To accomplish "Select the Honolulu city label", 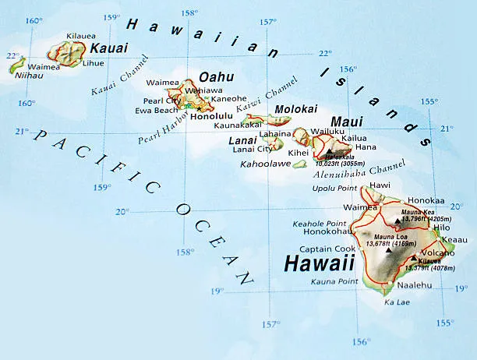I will (212, 116).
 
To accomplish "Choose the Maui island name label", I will (347, 122).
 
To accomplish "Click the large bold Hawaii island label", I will (319, 263).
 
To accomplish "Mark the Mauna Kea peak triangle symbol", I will (397, 221).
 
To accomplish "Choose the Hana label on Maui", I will (365, 147).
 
